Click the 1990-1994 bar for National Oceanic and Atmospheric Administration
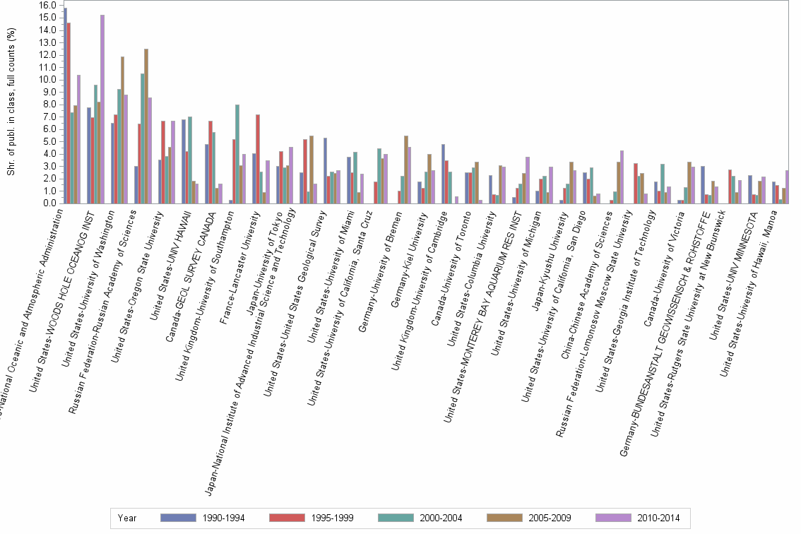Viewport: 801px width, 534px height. pos(65,106)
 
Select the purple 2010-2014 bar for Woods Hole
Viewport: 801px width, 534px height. pos(102,109)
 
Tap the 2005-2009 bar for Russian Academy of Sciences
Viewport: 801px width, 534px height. pos(146,126)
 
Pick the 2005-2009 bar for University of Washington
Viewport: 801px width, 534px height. pos(122,130)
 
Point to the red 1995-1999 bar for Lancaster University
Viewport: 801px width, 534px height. pos(258,159)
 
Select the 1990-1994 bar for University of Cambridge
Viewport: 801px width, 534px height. pos(443,174)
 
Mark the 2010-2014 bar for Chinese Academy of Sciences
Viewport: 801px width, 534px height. pos(622,177)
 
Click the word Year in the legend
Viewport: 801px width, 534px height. pos(127,518)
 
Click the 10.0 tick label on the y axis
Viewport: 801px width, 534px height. pos(47,79)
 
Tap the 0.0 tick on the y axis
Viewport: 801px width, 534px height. pos(49,203)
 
